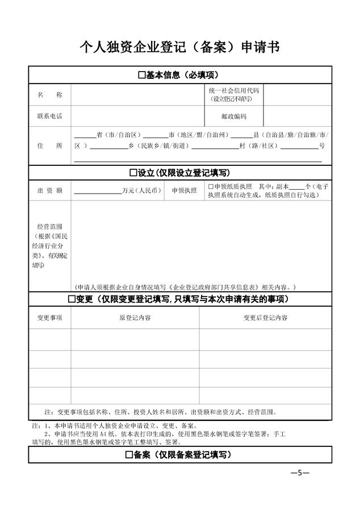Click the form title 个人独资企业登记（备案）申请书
coord(180,46)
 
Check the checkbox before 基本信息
coord(142,75)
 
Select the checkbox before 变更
coord(72,299)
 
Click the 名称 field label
coord(49,94)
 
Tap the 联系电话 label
coord(49,116)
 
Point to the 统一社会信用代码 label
coord(233,91)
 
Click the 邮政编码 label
coord(233,116)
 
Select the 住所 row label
coord(49,145)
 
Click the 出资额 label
coord(49,190)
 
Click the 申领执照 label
coord(183,190)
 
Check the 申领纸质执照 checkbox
coord(210,186)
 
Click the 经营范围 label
coord(49,226)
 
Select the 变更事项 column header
coord(49,318)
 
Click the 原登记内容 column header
coord(135,318)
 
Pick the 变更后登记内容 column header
coord(265,318)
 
